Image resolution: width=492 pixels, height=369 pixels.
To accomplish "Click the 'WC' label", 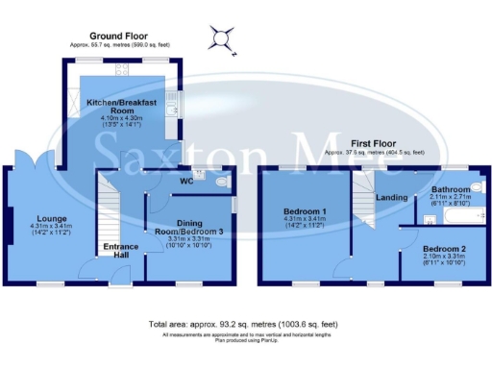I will tap(187, 180).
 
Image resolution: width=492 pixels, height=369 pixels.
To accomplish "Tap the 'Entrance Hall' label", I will tap(120, 251).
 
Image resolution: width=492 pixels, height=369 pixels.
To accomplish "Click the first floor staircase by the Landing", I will tap(362, 191).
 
